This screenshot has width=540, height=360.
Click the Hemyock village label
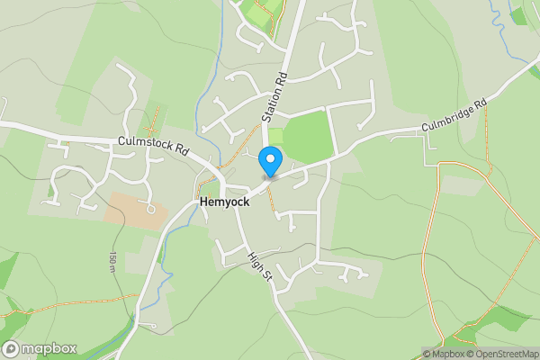[x=224, y=204]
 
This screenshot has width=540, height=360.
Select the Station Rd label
[x=274, y=96]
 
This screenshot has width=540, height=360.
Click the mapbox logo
[x=40, y=348]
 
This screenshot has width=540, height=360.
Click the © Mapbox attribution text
[x=445, y=354]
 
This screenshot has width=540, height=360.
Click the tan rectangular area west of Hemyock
[x=136, y=210]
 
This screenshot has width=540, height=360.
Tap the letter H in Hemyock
[x=203, y=204]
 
